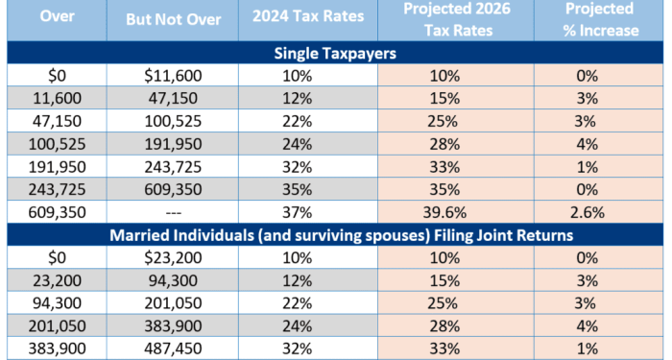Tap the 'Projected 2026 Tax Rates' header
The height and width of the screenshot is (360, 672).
444,19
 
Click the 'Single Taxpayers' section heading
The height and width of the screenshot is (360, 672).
335,54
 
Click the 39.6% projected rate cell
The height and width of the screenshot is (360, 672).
444,212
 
